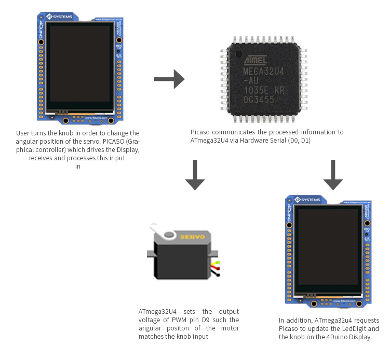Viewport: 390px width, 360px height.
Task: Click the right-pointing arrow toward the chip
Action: [x=169, y=79]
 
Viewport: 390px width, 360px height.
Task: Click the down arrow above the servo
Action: [x=195, y=175]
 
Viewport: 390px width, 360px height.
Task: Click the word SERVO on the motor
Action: [x=192, y=237]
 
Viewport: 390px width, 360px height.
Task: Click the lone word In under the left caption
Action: [x=78, y=167]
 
